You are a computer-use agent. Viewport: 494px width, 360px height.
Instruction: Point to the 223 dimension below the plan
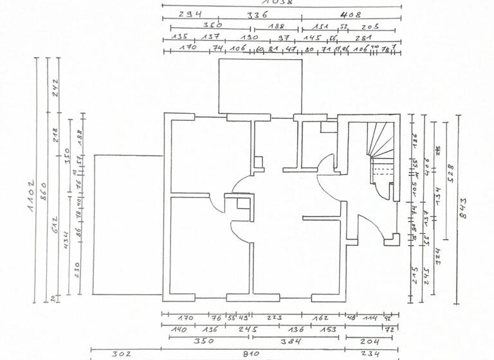click(x=275, y=318)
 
